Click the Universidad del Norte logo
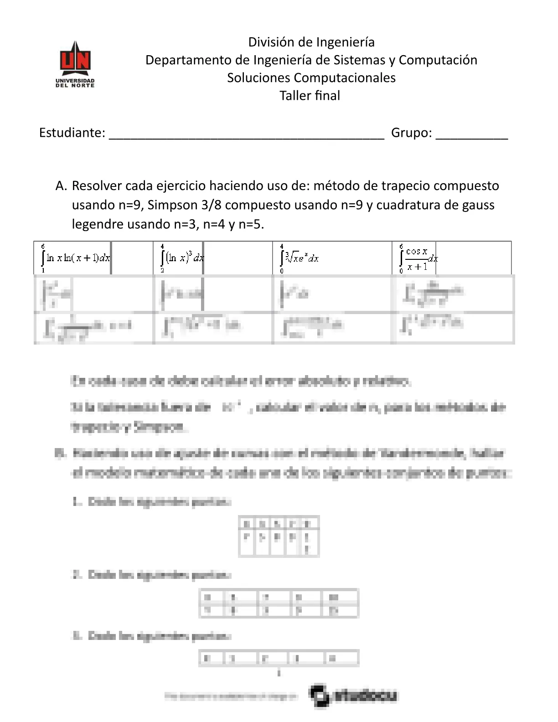(x=75, y=64)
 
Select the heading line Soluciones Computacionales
(x=311, y=78)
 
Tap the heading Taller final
(x=310, y=96)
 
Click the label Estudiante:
(x=72, y=133)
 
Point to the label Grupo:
(x=411, y=133)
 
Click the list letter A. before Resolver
(x=61, y=186)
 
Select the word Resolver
(x=97, y=186)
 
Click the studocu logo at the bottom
(x=354, y=696)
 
